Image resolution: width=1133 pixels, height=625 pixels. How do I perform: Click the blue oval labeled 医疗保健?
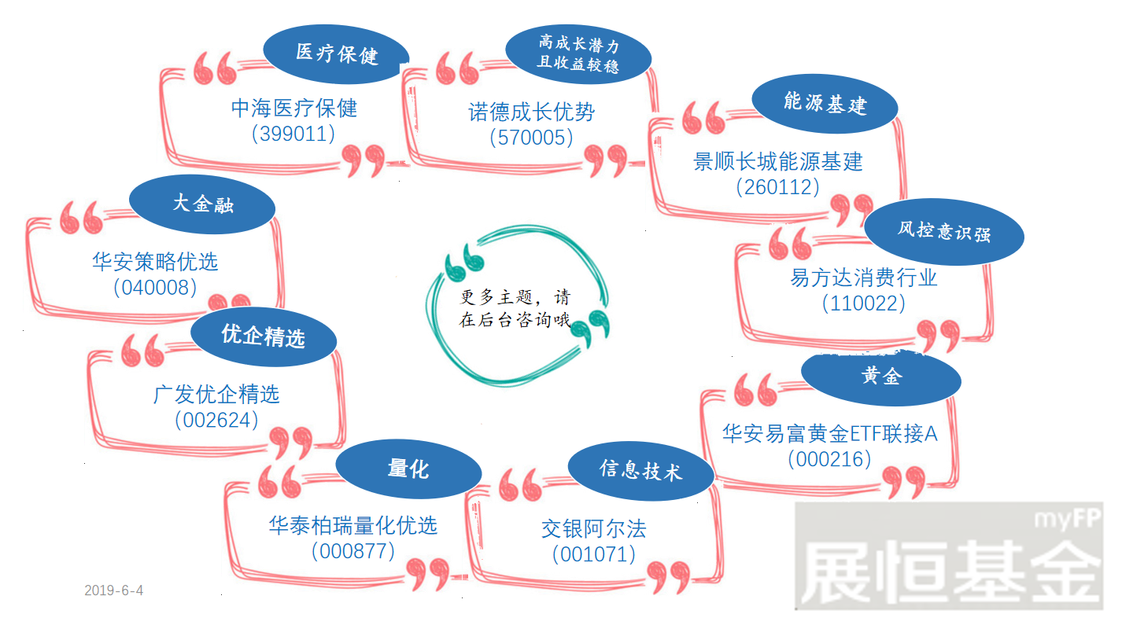pyautogui.click(x=337, y=54)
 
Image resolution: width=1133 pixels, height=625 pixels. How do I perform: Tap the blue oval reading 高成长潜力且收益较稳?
pyautogui.click(x=578, y=54)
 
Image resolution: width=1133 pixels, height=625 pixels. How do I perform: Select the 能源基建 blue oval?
pyautogui.click(x=825, y=104)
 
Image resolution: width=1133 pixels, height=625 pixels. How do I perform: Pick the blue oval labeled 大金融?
pyautogui.click(x=202, y=204)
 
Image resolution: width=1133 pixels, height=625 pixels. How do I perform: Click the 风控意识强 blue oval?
pyautogui.click(x=944, y=232)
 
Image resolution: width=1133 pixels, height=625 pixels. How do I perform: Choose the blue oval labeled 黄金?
pyautogui.click(x=881, y=377)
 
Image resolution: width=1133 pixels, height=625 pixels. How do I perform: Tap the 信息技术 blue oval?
pyautogui.click(x=640, y=471)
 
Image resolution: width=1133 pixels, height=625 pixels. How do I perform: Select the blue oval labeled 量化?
pyautogui.click(x=408, y=469)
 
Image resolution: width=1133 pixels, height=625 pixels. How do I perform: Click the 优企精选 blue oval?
pyautogui.click(x=264, y=336)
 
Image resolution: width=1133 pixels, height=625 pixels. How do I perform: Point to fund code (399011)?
pyautogui.click(x=293, y=134)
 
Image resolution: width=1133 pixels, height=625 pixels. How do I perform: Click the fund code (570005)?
pyautogui.click(x=531, y=138)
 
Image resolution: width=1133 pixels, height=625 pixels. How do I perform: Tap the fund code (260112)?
pyautogui.click(x=778, y=187)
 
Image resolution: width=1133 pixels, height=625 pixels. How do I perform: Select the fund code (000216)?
pyautogui.click(x=829, y=459)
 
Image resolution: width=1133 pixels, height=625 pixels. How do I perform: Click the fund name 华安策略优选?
pyautogui.click(x=155, y=262)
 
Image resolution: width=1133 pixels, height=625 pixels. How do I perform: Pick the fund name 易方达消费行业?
pyautogui.click(x=864, y=278)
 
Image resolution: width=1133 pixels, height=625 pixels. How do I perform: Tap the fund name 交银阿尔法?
pyautogui.click(x=594, y=529)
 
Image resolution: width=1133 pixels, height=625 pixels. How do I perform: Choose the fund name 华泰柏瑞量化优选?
pyautogui.click(x=353, y=525)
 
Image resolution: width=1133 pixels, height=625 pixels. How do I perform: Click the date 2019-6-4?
pyautogui.click(x=114, y=590)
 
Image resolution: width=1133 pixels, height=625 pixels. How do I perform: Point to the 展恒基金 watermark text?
pyautogui.click(x=950, y=572)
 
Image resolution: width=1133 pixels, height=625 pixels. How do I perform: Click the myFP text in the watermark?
pyautogui.click(x=1067, y=519)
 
